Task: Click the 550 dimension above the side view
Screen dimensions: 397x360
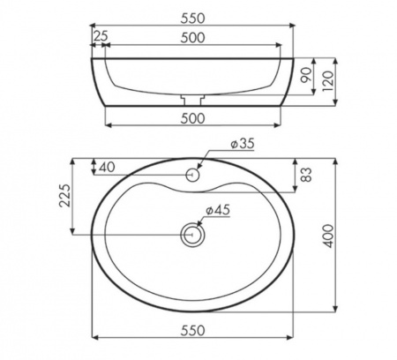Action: [192, 19]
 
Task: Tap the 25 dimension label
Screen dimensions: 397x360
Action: [101, 36]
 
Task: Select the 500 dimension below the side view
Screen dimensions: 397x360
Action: [192, 118]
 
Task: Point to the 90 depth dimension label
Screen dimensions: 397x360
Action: [306, 75]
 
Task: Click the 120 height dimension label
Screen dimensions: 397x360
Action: [328, 80]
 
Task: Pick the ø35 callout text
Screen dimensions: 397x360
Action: [242, 144]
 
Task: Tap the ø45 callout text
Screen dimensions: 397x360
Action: [218, 210]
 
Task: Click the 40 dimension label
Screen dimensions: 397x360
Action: [107, 168]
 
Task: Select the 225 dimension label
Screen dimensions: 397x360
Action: [65, 196]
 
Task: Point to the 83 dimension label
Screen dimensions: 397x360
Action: [306, 175]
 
